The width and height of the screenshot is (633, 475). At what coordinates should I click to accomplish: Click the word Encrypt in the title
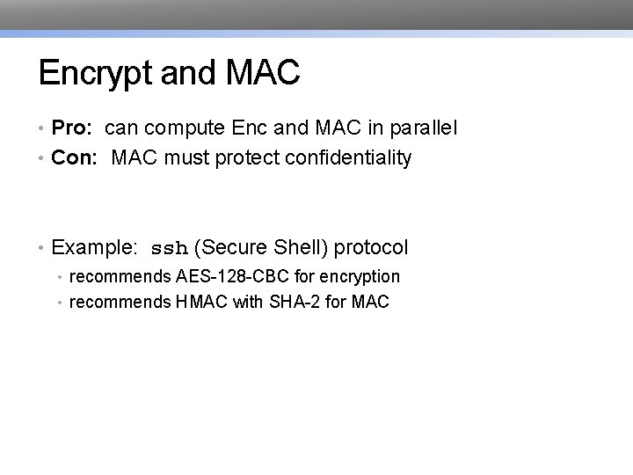point(97,74)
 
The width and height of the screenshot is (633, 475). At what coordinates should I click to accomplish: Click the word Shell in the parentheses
point(298,247)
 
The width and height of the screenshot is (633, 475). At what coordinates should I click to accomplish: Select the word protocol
point(372,248)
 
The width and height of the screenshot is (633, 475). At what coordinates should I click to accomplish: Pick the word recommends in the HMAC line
point(120,303)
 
